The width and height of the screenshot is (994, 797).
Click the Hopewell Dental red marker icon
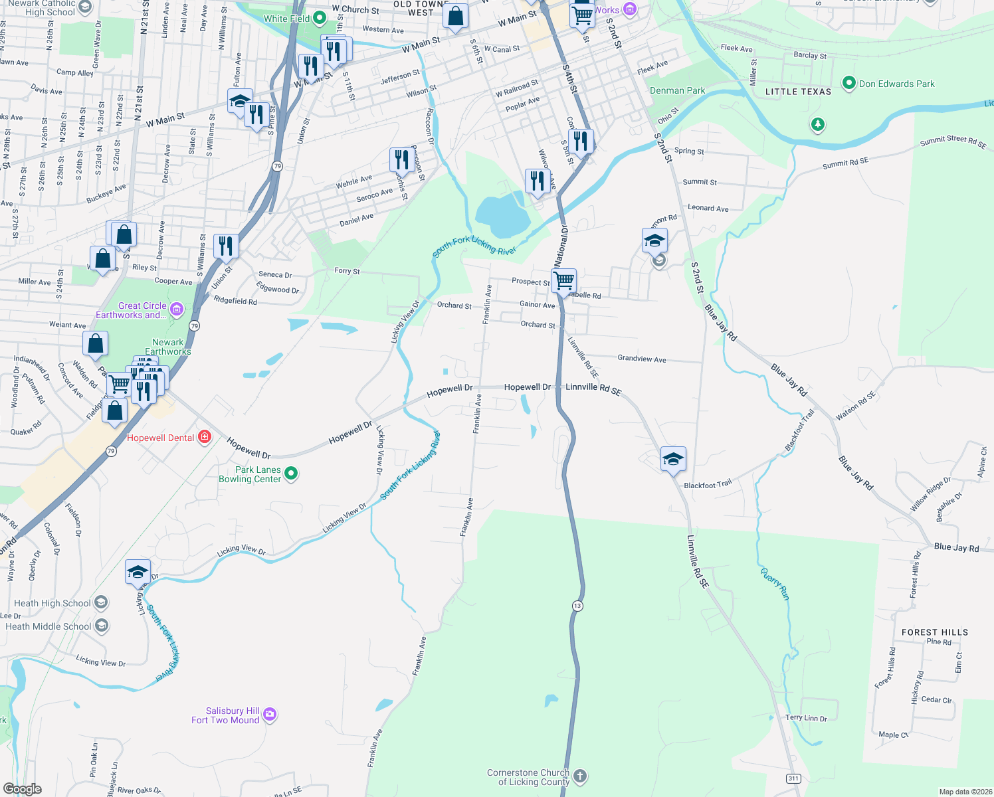coord(205,437)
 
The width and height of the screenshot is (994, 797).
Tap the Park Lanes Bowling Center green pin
coord(291,474)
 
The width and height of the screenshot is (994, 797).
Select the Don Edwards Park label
coord(896,84)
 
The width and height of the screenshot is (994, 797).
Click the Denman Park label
coord(677,90)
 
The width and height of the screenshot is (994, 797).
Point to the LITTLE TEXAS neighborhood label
coord(798,92)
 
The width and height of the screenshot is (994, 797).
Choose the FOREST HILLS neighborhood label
coord(934,632)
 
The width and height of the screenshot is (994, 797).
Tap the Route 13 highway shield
coord(577,606)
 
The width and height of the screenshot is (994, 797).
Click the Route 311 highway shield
coord(793,778)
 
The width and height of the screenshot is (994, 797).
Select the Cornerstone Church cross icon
coord(580,776)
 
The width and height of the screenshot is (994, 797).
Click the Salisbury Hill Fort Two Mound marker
coord(269,715)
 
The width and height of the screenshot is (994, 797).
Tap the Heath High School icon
coord(101,602)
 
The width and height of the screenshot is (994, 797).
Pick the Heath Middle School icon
coord(102,626)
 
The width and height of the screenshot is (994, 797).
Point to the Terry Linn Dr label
coord(806,718)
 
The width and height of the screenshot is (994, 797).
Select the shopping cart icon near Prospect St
coord(563,280)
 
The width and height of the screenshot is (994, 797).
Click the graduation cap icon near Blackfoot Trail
coord(673,458)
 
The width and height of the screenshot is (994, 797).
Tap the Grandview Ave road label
coord(641,359)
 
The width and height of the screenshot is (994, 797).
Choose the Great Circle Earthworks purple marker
coord(176,309)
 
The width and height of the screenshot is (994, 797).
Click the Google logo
coord(22,789)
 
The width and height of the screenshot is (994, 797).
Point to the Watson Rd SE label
coord(856,405)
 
